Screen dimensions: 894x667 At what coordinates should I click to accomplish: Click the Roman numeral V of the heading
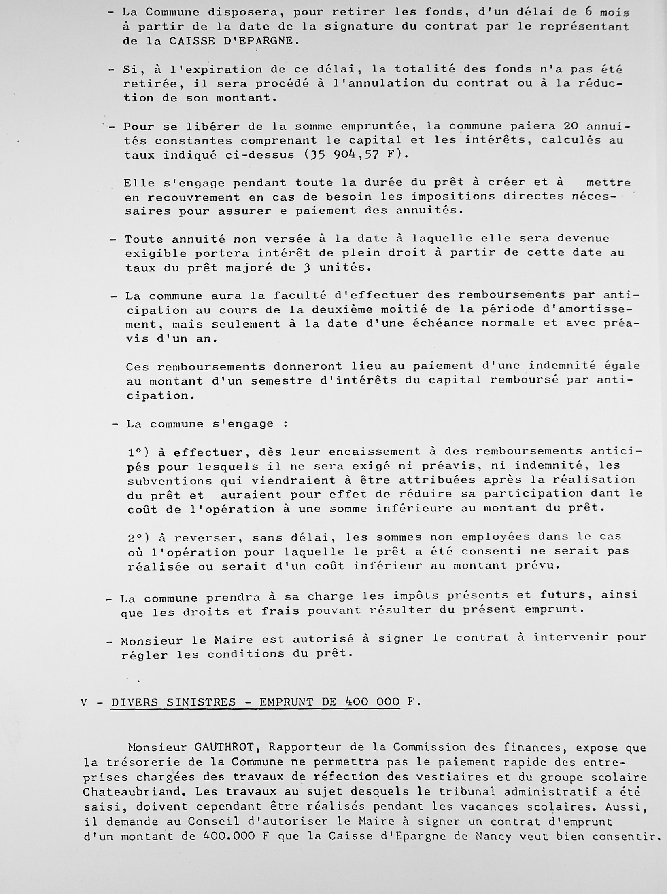(84, 702)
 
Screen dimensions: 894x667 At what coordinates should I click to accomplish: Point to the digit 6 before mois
(588, 12)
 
